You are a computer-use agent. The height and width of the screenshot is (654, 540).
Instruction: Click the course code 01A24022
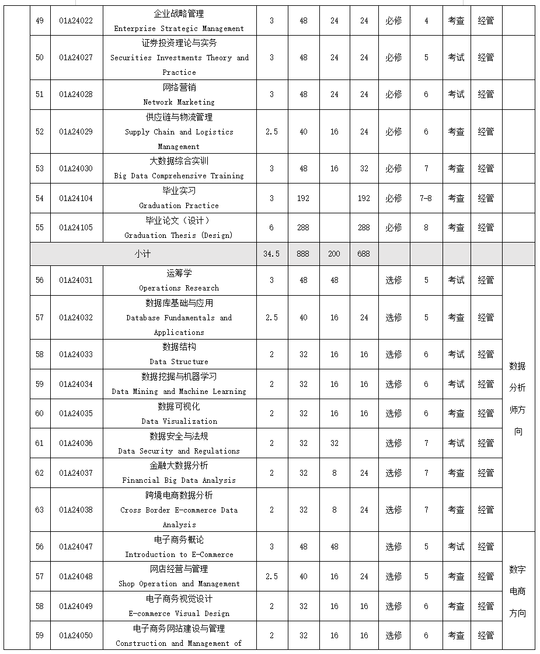pos(76,20)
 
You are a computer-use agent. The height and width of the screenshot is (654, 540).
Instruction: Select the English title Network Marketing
pos(179,102)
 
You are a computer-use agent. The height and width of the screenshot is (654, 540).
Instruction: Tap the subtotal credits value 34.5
pos(271,254)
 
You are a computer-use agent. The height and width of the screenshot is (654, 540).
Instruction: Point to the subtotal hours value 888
pos(303,254)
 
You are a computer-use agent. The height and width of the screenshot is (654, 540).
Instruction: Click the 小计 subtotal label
pos(142,254)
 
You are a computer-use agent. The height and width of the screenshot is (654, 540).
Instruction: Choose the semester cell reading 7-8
pos(426,198)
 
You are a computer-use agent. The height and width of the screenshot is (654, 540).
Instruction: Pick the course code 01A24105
pos(76,227)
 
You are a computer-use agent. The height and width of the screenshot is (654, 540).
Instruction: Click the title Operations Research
pos(179,288)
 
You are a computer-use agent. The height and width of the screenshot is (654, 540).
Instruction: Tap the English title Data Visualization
pos(179,421)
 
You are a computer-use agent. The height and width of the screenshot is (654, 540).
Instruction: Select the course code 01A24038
pos(76,510)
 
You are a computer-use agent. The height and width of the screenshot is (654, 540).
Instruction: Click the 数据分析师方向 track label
pos(517,399)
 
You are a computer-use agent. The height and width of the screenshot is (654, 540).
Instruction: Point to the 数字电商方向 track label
pos(517,591)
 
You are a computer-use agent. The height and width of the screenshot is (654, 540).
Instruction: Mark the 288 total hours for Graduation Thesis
pos(303,227)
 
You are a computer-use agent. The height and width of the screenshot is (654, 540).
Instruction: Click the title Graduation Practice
pos(179,206)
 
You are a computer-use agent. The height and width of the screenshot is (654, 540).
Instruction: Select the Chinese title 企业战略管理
pos(179,13)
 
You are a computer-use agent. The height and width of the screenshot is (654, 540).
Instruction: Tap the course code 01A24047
pos(76,546)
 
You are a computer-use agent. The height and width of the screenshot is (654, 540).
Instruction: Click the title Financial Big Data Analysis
pos(179,480)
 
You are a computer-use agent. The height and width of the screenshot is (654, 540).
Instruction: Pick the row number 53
pos(40,168)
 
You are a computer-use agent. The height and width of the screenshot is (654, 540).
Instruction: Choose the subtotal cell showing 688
pos(364,254)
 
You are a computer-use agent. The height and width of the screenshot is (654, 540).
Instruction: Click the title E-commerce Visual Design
pos(179,614)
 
